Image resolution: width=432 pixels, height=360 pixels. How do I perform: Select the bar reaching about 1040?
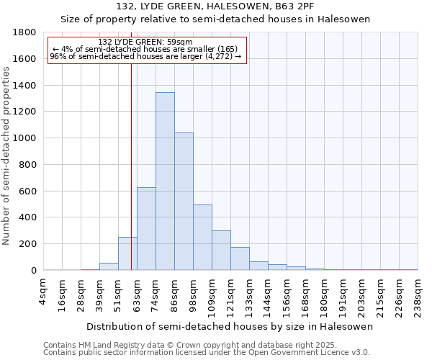(184, 202)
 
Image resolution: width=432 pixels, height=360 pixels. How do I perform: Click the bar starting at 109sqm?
(221, 251)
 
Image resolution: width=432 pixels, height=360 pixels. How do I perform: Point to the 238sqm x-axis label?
(418, 293)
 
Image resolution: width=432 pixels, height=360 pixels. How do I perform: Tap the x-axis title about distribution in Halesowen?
(231, 326)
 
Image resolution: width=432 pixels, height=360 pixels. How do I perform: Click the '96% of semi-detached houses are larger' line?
(146, 57)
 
